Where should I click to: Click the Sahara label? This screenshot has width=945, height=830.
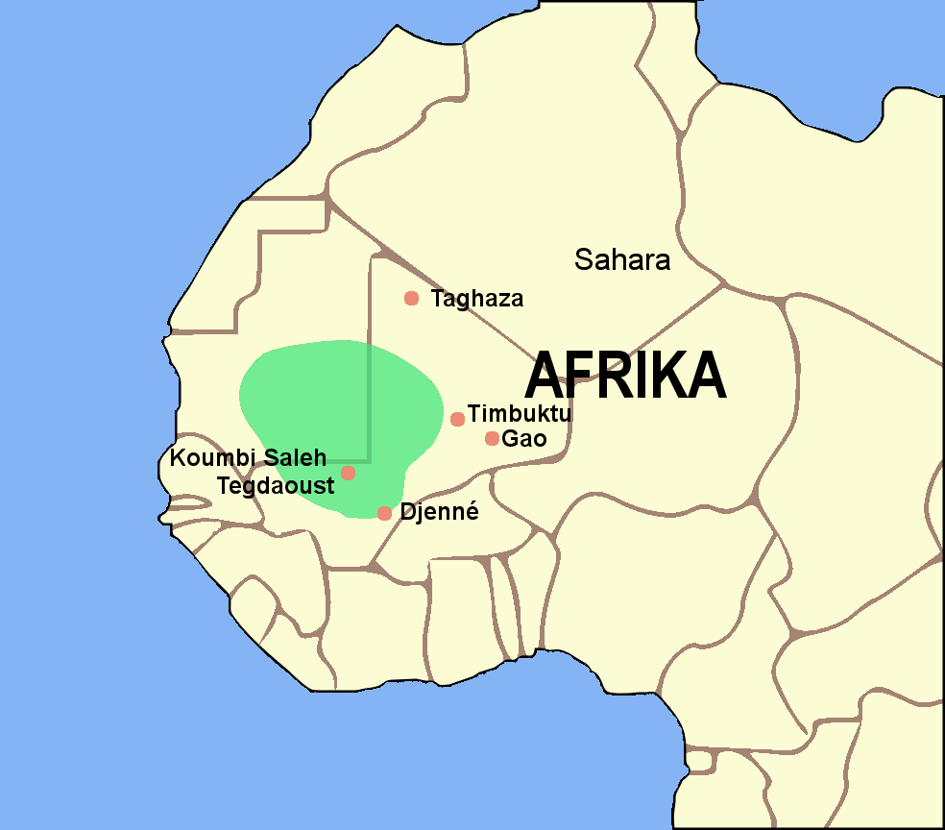pyautogui.click(x=621, y=259)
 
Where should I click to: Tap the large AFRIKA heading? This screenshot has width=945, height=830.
pyautogui.click(x=625, y=376)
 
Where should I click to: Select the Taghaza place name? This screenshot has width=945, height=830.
pyautogui.click(x=477, y=299)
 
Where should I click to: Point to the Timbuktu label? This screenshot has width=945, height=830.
pyautogui.click(x=520, y=415)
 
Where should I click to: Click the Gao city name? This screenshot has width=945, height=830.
pyautogui.click(x=523, y=439)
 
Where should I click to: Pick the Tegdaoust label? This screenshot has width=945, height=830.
pyautogui.click(x=276, y=485)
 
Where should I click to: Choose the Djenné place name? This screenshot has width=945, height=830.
pyautogui.click(x=439, y=512)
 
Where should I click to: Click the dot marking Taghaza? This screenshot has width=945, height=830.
pyautogui.click(x=412, y=298)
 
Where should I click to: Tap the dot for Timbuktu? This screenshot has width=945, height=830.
pyautogui.click(x=457, y=419)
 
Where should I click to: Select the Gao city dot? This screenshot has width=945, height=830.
pyautogui.click(x=492, y=439)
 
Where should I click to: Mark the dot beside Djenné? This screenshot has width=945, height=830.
pyautogui.click(x=384, y=514)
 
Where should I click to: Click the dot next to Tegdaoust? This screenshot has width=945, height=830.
pyautogui.click(x=348, y=473)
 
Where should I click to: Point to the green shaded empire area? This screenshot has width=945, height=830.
pyautogui.click(x=317, y=403)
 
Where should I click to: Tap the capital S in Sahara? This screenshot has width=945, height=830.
pyautogui.click(x=583, y=259)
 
